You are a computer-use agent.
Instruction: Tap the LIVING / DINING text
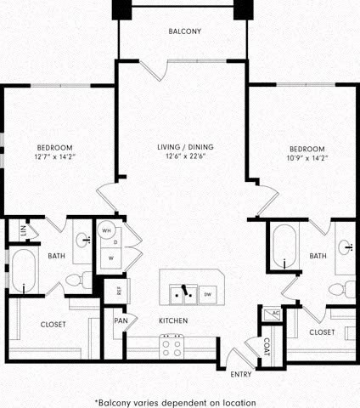[180, 147]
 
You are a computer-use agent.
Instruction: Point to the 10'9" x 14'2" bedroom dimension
[307, 157]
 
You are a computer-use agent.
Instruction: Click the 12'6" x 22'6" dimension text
[180, 156]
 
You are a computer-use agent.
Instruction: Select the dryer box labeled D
[114, 243]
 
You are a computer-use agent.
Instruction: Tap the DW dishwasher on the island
[207, 294]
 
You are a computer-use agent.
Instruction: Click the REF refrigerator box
[119, 290]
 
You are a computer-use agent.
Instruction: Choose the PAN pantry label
[120, 320]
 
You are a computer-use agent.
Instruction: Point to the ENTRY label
[240, 374]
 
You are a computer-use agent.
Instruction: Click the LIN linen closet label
[13, 230]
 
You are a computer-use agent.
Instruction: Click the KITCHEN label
[172, 320]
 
